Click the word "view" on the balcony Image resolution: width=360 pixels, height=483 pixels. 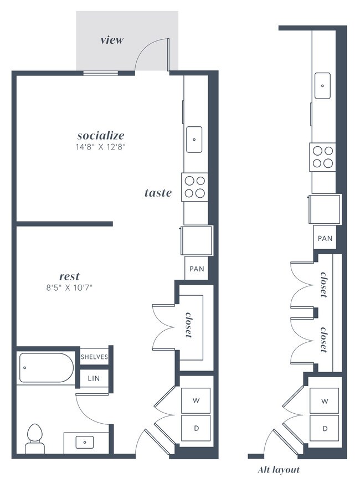tap(112, 40)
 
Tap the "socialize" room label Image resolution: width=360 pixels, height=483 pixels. tap(100, 135)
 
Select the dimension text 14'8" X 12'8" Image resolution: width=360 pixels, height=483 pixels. tap(100, 147)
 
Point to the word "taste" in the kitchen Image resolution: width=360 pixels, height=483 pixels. tap(158, 193)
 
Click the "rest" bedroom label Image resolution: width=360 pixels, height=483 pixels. tap(69, 276)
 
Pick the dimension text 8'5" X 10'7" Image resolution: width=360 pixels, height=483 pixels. tap(69, 287)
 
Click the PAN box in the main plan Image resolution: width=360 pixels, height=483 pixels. tap(197, 269)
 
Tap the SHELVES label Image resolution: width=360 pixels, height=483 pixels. tap(94, 357)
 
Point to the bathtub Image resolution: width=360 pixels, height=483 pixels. tap(46, 368)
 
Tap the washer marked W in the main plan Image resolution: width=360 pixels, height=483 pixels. tap(196, 400)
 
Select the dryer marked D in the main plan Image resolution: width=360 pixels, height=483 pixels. tap(196, 428)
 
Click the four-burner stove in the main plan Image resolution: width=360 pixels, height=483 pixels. tap(194, 186)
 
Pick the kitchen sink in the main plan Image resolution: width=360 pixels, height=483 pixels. tap(194, 139)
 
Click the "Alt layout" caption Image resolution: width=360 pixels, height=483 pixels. tap(279, 470)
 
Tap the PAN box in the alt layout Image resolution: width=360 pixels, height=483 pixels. tap(325, 238)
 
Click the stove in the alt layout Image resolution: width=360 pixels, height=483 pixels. tap(323, 156)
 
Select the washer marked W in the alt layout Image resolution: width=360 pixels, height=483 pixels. tap(325, 400)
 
